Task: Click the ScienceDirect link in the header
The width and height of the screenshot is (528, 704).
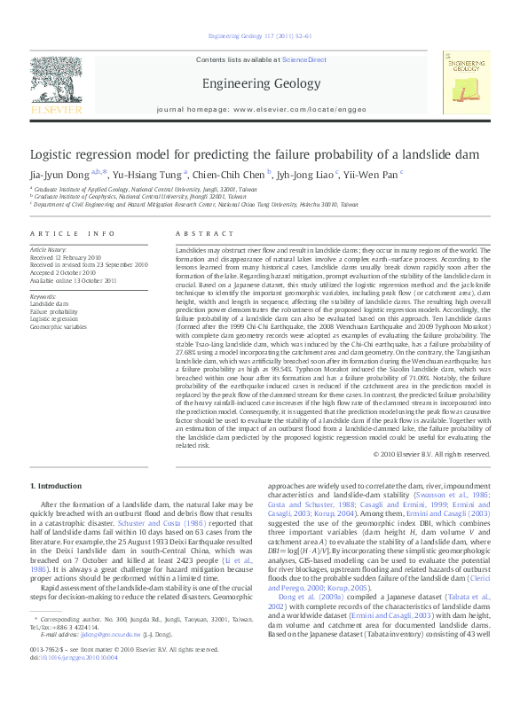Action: click(305, 59)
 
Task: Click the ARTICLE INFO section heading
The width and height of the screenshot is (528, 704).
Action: click(73, 233)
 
